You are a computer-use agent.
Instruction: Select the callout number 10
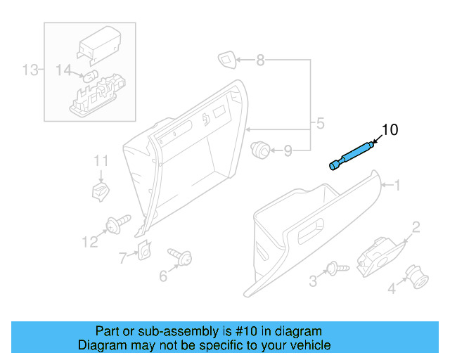[x=390, y=129]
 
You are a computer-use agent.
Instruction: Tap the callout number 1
[x=397, y=186]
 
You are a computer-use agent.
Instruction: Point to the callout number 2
[x=416, y=226]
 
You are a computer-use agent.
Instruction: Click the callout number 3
[x=320, y=125]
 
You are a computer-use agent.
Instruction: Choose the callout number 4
[x=163, y=276]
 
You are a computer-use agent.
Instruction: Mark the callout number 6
[x=260, y=60]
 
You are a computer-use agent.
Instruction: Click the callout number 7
[x=288, y=150]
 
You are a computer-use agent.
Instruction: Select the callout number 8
[x=101, y=162]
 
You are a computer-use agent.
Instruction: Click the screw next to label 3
[x=101, y=189]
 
